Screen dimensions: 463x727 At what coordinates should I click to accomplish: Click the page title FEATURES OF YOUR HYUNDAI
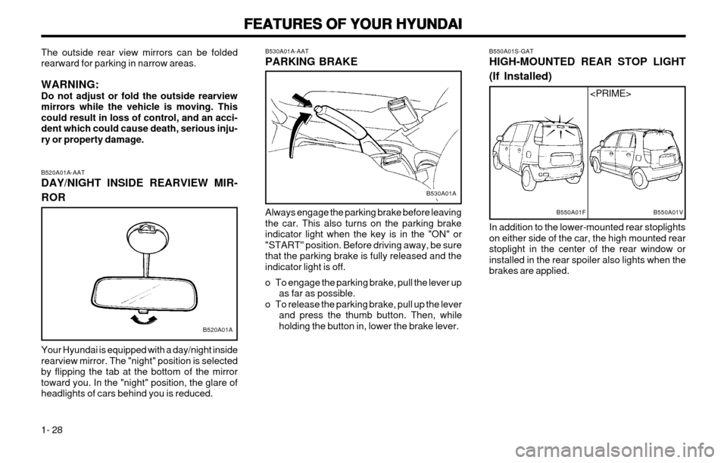[363, 24]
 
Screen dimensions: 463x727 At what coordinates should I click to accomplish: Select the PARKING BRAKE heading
[310, 62]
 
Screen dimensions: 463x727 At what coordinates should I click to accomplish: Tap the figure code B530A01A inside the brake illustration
[441, 194]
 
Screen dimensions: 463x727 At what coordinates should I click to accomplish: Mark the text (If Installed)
[521, 77]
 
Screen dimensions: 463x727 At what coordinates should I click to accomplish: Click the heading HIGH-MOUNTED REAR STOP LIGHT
[588, 62]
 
